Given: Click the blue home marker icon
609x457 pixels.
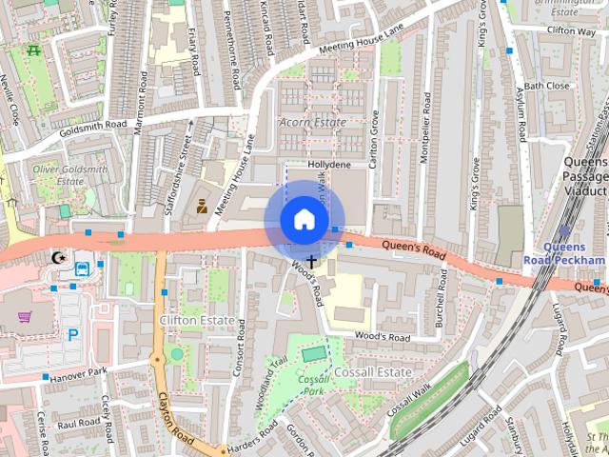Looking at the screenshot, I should pyautogui.click(x=303, y=220).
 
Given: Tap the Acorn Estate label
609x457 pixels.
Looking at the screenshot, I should pyautogui.click(x=312, y=123).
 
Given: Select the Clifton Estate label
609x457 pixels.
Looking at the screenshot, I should pyautogui.click(x=198, y=321).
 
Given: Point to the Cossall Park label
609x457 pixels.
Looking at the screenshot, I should pyautogui.click(x=313, y=385).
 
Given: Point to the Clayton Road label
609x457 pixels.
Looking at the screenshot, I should pyautogui.click(x=176, y=419).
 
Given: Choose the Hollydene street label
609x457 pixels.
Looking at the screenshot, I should pyautogui.click(x=330, y=164).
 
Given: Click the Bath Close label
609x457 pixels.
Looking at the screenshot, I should pyautogui.click(x=547, y=86).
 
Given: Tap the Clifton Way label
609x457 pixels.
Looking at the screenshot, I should pyautogui.click(x=572, y=30).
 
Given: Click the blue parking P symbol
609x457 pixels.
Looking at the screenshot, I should pyautogui.click(x=73, y=334).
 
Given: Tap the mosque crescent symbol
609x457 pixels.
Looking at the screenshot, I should pyautogui.click(x=59, y=258).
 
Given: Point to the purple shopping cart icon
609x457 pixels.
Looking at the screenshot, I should pyautogui.click(x=25, y=318).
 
